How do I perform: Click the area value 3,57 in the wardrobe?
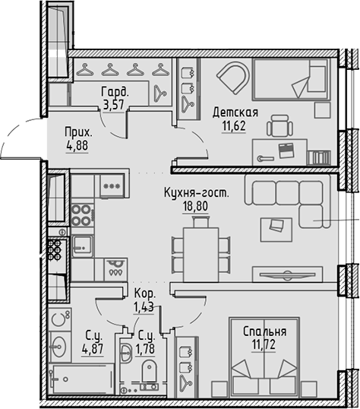point(113,105)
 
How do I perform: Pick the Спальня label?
point(264,331)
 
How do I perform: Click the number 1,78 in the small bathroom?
point(144,349)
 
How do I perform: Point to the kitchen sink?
point(82,245)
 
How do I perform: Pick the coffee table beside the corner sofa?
point(274,226)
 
